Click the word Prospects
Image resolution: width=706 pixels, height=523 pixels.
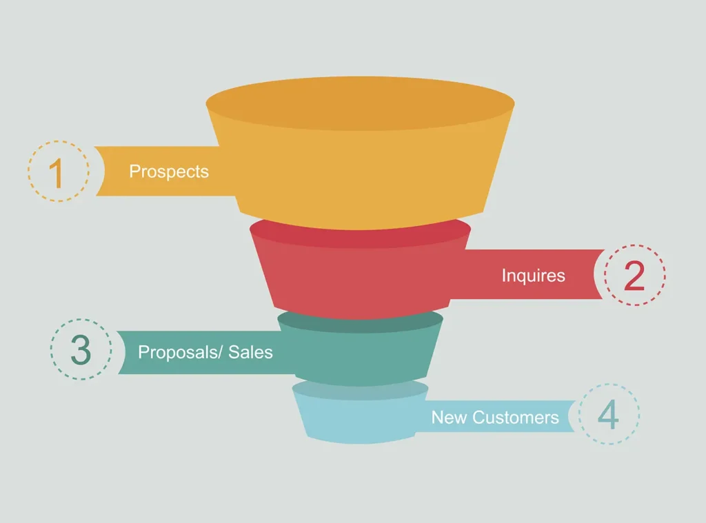point(169,172)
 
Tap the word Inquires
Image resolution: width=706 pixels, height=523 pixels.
point(533,276)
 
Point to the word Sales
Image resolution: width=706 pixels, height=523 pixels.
point(250,352)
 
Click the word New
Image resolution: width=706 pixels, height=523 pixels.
point(449,418)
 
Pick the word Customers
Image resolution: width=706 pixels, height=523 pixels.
point(516,418)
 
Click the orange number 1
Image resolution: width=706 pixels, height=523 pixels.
point(57,173)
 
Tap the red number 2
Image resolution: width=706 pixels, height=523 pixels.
point(634,276)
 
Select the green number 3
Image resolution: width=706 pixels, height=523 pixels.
point(81,350)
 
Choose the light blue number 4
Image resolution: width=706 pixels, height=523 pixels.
point(608,415)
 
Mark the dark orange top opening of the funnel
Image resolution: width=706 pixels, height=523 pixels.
point(360,103)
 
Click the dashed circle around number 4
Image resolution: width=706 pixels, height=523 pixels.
point(609,384)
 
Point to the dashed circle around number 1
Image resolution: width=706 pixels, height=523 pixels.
point(59,141)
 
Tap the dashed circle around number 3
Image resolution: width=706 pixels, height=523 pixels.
point(81,319)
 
